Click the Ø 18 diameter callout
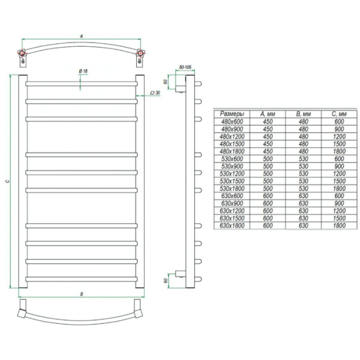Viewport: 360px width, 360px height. (83, 71)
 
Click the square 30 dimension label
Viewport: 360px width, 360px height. (155, 93)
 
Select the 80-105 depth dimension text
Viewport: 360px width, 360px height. (185, 67)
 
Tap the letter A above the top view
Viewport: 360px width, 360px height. (81, 36)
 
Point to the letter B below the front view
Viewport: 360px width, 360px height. (82, 294)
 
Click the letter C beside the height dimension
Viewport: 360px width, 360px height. (7, 181)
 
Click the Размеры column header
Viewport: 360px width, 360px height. (232, 114)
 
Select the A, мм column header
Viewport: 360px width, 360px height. (268, 114)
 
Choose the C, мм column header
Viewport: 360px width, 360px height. (339, 114)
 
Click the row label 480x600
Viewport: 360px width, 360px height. (232, 122)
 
